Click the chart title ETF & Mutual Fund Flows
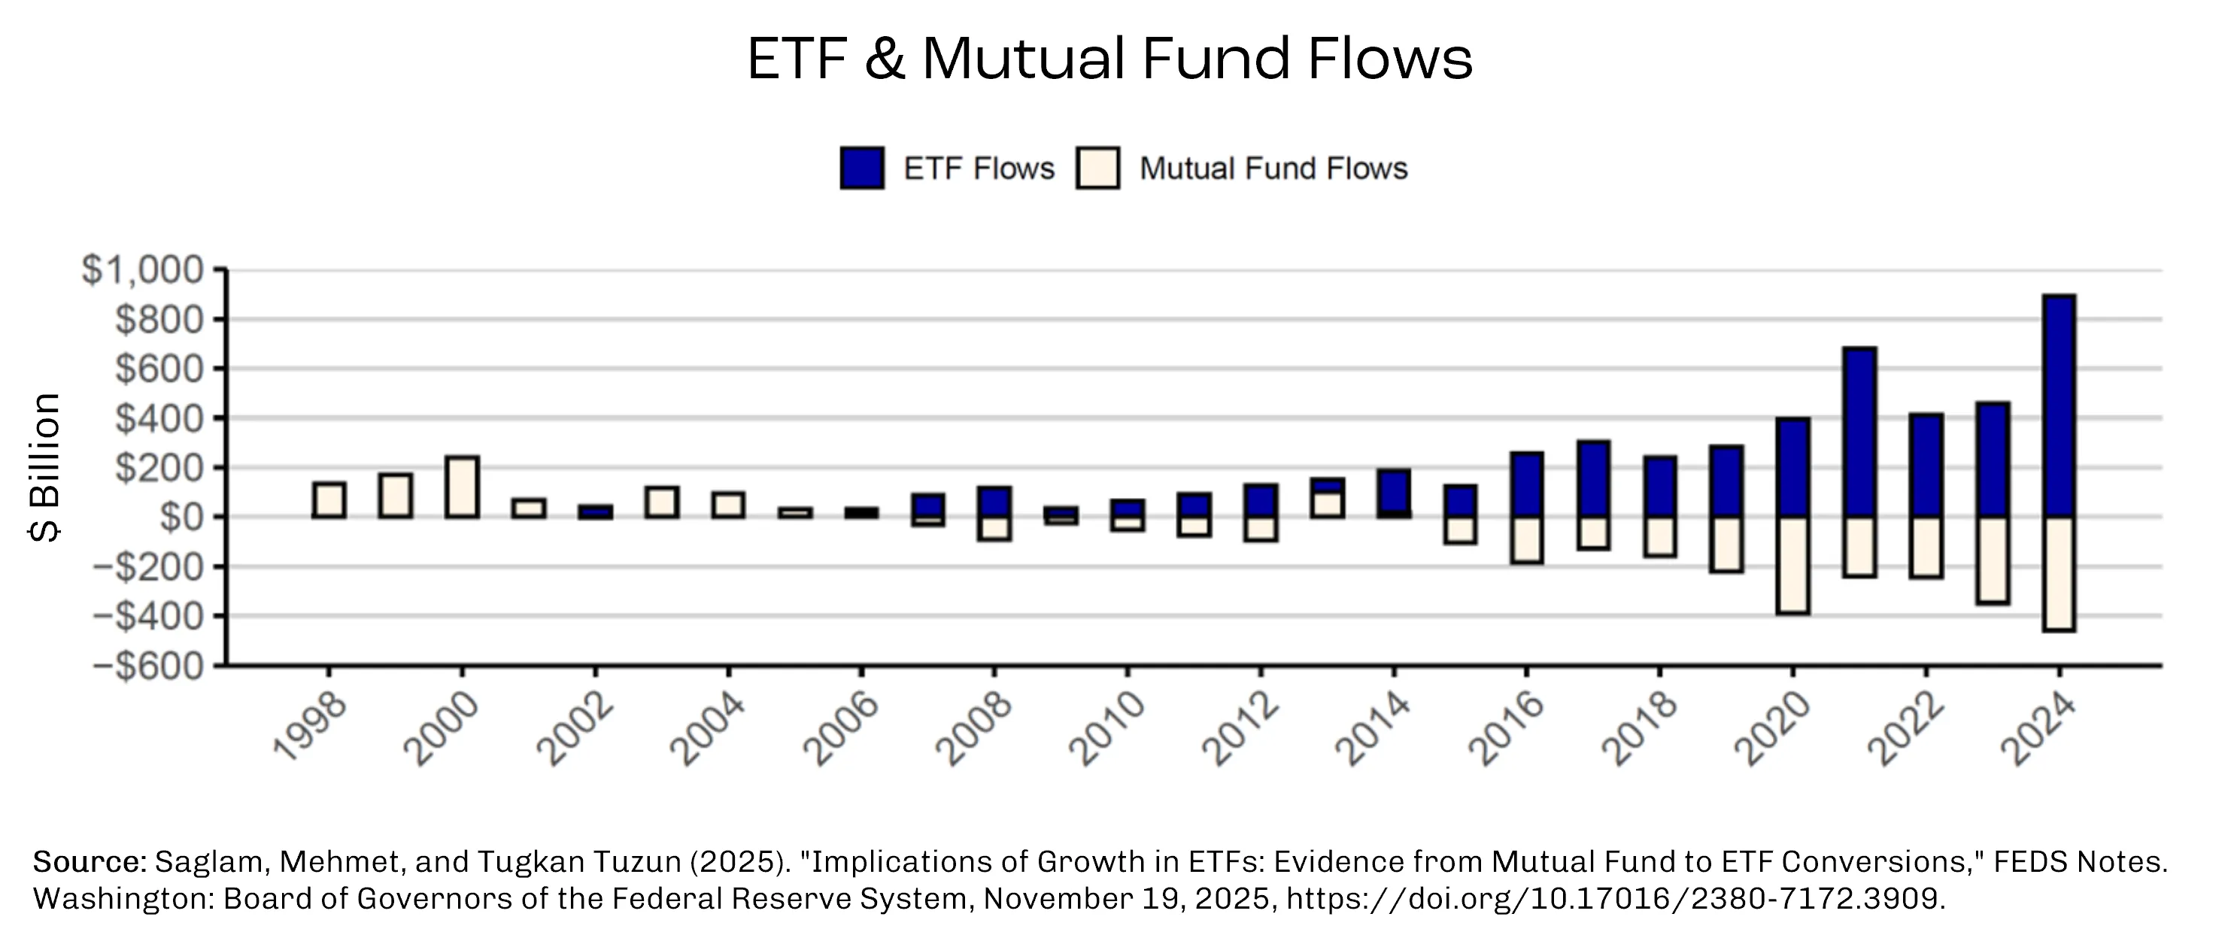point(1109,58)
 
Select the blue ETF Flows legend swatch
point(862,168)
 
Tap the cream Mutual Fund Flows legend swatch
point(1097,168)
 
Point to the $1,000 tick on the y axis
point(143,270)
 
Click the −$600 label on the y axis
point(148,666)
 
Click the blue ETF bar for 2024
point(2059,406)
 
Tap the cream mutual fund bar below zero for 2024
point(2059,574)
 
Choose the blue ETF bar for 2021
point(1859,432)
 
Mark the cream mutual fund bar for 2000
point(461,487)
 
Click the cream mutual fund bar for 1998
point(329,499)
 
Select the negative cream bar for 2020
point(1792,566)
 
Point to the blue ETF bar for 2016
point(1526,485)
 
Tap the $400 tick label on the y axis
point(160,418)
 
